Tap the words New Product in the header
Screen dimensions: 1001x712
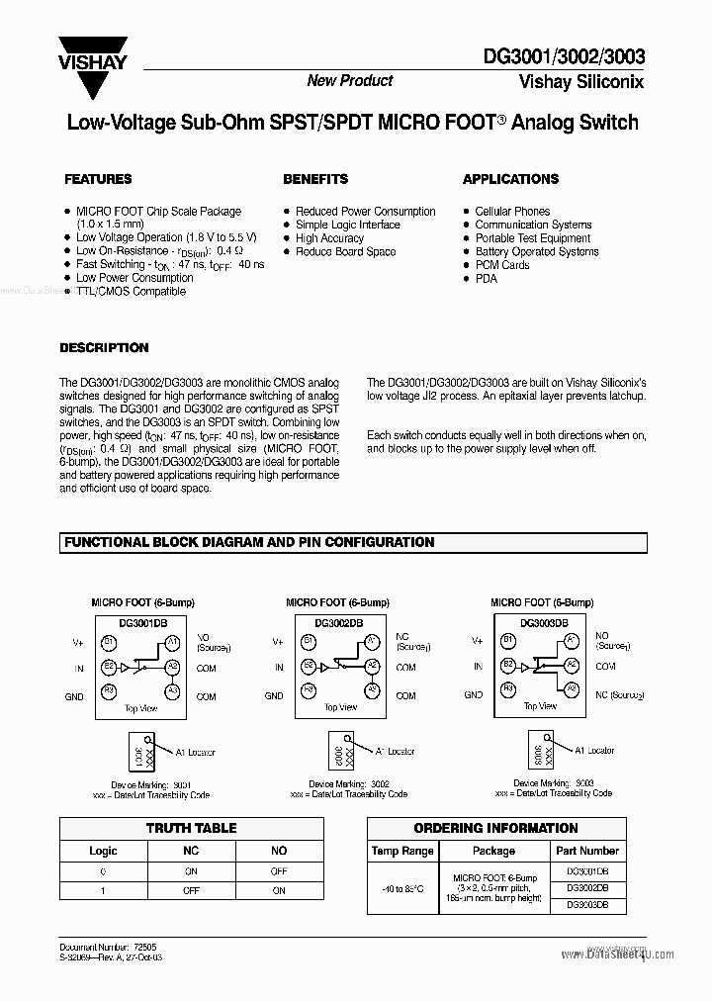(349, 81)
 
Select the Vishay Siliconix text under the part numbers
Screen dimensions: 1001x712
(580, 83)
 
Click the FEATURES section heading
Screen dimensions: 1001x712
(98, 179)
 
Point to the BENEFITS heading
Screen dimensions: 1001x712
(315, 179)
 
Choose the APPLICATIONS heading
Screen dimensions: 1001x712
(510, 179)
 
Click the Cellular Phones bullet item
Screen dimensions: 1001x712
(512, 212)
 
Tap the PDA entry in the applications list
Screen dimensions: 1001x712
(486, 279)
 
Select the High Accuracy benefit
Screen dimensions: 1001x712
(329, 238)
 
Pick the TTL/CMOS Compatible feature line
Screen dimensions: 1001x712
(131, 292)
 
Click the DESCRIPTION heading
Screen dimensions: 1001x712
(104, 348)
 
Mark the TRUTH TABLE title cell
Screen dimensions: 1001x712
(191, 829)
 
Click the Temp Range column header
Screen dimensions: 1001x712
(402, 851)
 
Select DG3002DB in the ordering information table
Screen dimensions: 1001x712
(586, 888)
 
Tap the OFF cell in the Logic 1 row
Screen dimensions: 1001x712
(191, 890)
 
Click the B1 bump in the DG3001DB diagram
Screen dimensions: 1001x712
(110, 642)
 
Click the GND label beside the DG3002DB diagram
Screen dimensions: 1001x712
(274, 696)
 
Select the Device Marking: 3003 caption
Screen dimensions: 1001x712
(543, 782)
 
